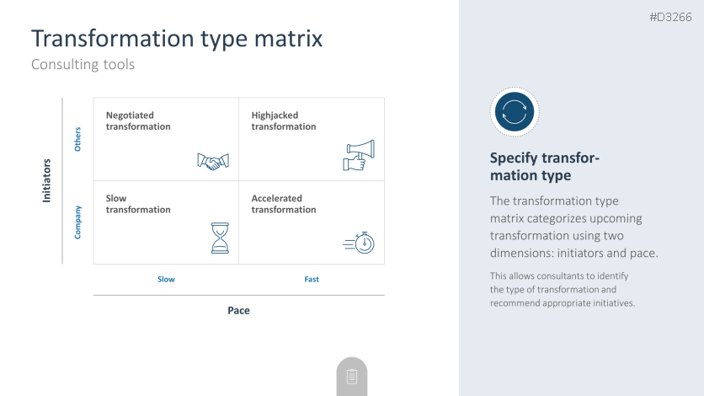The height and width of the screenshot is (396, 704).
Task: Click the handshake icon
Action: tap(213, 162)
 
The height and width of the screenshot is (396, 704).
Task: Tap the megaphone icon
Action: tap(359, 155)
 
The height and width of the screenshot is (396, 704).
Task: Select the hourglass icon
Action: tap(220, 238)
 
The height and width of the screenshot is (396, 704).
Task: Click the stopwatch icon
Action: tap(359, 243)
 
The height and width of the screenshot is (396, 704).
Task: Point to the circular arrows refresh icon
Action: tap(515, 112)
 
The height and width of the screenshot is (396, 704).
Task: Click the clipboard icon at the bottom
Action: tap(352, 377)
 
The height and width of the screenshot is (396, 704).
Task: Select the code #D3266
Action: tap(671, 17)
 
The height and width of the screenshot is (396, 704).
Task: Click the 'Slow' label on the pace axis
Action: tap(166, 279)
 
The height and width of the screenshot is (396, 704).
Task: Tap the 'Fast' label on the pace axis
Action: tap(312, 279)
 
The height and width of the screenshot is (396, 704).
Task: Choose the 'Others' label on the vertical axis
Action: tap(77, 139)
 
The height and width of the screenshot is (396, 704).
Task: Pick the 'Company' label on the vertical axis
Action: tap(77, 222)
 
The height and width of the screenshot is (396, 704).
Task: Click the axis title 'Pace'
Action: tap(239, 310)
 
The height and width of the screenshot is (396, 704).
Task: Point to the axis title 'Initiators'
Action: tap(46, 180)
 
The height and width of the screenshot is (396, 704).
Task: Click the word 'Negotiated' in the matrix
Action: tap(130, 115)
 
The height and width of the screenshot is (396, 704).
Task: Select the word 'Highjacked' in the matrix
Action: tap(275, 115)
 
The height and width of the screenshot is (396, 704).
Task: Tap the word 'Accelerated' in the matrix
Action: tap(276, 199)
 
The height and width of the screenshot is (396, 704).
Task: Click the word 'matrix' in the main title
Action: tap(288, 38)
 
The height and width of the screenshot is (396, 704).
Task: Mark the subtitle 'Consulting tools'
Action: tap(83, 64)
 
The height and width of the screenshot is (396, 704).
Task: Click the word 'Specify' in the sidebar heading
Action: tap(513, 158)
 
